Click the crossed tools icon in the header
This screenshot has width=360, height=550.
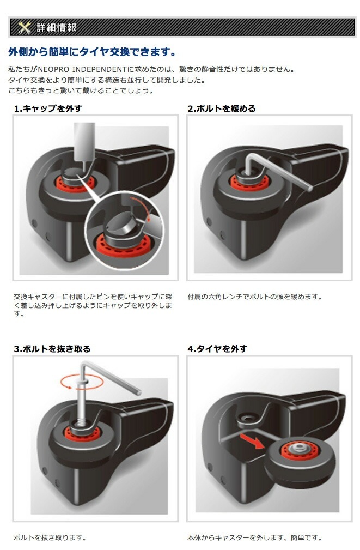click(x=24, y=27)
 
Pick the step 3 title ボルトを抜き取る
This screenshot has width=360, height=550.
click(x=52, y=348)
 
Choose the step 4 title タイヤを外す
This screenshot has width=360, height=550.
click(x=217, y=348)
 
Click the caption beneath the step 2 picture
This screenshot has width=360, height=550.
click(x=254, y=297)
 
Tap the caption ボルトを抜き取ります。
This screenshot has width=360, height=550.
click(x=50, y=537)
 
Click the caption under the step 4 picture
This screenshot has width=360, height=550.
click(x=254, y=537)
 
